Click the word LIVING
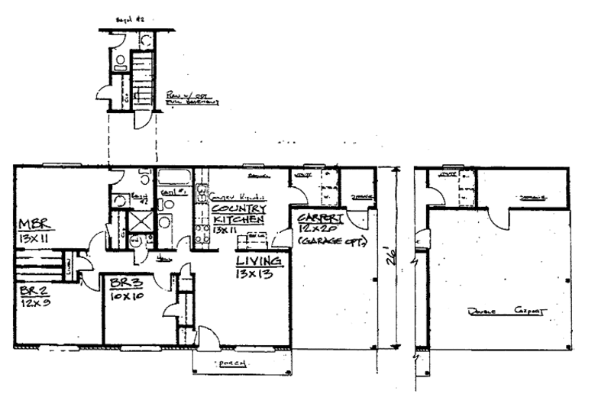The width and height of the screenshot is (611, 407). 260,262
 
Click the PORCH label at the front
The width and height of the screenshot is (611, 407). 232,363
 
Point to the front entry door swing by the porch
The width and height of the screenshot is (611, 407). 207,336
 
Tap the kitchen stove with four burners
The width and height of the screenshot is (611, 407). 202,232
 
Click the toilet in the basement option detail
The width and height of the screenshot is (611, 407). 121,62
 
